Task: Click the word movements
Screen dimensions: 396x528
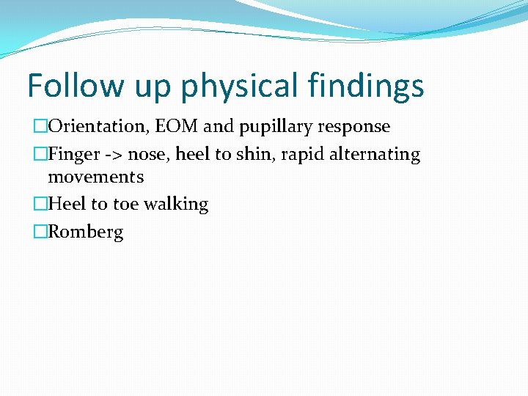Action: [95, 177]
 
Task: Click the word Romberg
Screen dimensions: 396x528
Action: [86, 233]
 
